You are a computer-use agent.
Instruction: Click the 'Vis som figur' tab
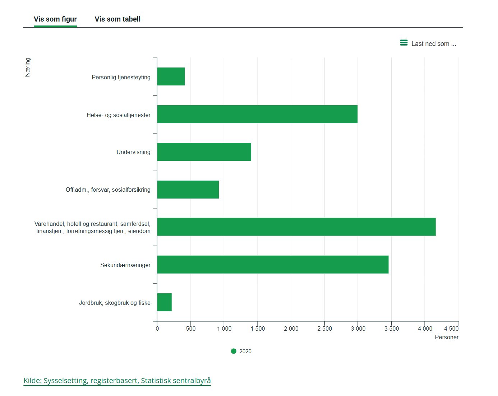[x=55, y=19]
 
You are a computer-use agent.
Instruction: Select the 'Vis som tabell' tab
[x=117, y=19]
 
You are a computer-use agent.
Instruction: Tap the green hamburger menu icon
[x=404, y=43]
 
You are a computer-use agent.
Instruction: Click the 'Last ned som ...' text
[x=434, y=44]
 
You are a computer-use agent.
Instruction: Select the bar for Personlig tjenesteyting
[x=171, y=76]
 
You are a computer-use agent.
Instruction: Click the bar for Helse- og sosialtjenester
[x=257, y=114]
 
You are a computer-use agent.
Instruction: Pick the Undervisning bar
[x=204, y=152]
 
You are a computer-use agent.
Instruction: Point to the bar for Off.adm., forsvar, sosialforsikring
[x=188, y=190]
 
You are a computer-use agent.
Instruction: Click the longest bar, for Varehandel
[x=296, y=227]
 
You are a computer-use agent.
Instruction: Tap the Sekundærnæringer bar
[x=273, y=265]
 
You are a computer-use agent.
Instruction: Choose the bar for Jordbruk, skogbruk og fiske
[x=165, y=302]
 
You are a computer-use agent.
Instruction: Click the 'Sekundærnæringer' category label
[x=125, y=265]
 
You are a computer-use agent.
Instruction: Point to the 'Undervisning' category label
[x=134, y=152]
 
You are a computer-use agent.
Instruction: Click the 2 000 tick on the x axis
[x=291, y=329]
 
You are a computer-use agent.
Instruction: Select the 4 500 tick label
[x=451, y=329]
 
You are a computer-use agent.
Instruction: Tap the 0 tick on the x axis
[x=157, y=329]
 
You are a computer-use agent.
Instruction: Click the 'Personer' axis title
[x=447, y=337]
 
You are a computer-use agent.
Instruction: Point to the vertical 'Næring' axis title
[x=28, y=67]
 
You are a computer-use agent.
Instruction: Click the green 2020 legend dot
[x=234, y=351]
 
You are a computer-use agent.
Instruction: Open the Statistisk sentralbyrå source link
[x=117, y=381]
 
